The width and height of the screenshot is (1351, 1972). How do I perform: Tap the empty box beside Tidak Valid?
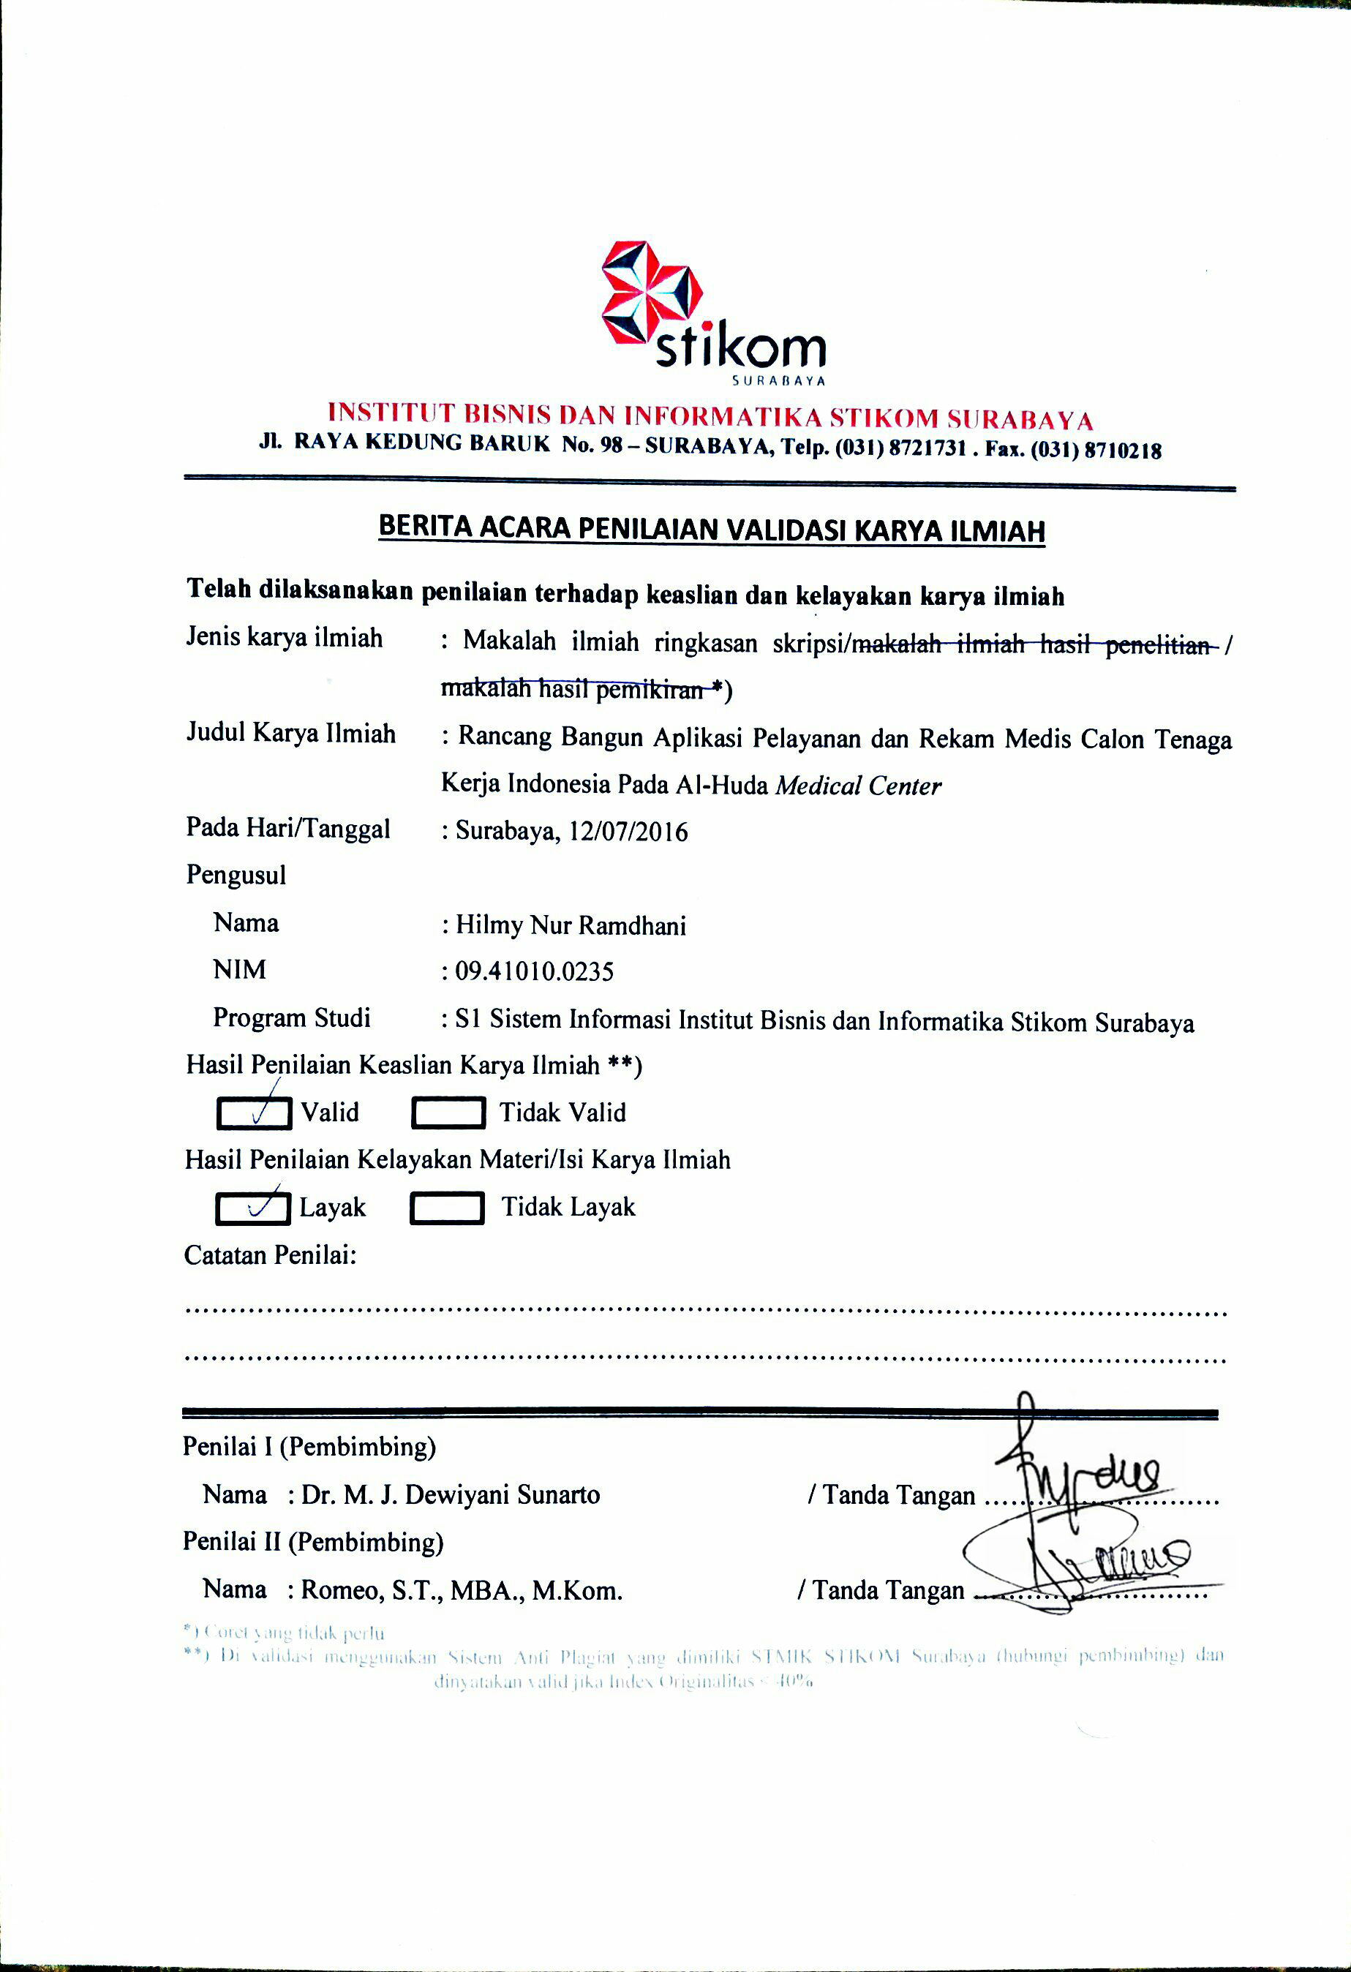pyautogui.click(x=448, y=1113)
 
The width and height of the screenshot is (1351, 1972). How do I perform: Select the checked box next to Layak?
pyautogui.click(x=253, y=1208)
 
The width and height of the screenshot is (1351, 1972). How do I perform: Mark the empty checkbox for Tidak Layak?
pyautogui.click(x=447, y=1208)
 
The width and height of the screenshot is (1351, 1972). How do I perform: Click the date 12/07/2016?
pyautogui.click(x=628, y=831)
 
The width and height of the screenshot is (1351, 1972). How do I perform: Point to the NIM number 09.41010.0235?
pyautogui.click(x=535, y=971)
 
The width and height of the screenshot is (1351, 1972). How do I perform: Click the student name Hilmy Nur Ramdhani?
pyautogui.click(x=571, y=924)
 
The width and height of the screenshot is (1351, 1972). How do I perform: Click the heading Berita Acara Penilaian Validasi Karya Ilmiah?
pyautogui.click(x=711, y=529)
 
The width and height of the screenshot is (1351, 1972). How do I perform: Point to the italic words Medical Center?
pyautogui.click(x=858, y=786)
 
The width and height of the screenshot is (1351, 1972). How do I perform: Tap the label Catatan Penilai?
pyautogui.click(x=270, y=1255)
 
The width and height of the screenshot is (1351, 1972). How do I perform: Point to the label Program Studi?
pyautogui.click(x=291, y=1017)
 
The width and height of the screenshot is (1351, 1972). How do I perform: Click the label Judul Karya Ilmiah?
pyautogui.click(x=291, y=733)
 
